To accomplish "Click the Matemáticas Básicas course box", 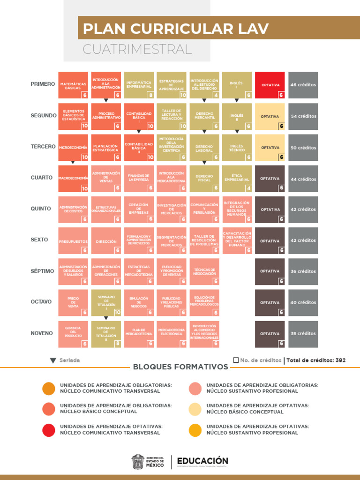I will pos(73,85).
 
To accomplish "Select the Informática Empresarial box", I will pos(139,85).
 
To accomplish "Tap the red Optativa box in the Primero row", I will pos(270,85).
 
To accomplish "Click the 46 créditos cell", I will pos(303,85).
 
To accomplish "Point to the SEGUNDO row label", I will pos(44,115).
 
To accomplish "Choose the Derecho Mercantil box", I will pos(204,116).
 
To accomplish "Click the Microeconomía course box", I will pos(73,148).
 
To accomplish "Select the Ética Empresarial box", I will pos(237,179).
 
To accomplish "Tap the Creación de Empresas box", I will pos(139,210).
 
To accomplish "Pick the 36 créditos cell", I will pos(303,271).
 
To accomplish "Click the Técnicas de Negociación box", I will pos(204,271).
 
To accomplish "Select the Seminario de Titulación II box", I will pos(106,334).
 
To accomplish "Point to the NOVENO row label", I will pos(42,333).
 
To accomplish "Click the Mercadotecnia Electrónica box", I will pos(171,334).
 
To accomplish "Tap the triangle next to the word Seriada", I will pos(53,360).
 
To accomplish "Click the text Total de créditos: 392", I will pos(316,360).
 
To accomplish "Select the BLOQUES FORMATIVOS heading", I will pos(180,367).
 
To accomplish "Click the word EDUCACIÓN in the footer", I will pos(202,461).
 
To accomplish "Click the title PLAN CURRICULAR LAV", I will pos(176,29).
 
